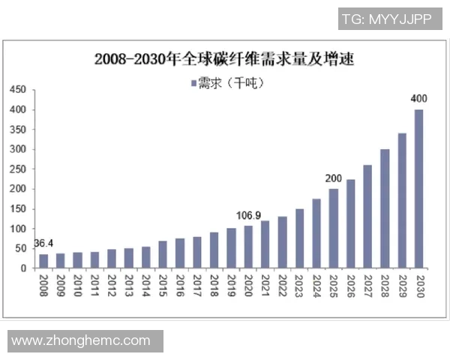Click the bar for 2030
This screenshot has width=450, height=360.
418,189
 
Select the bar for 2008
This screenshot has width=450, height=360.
43,261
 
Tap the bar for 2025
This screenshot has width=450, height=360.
333,228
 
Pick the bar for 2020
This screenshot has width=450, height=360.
247,247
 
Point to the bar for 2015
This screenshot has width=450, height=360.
163,254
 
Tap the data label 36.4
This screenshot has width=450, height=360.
44,244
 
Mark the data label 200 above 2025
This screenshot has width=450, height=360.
333,178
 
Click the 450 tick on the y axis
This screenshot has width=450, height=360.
18,90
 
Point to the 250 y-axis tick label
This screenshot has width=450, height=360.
18,169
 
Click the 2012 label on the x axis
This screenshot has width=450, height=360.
112,285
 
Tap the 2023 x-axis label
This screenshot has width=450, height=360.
299,285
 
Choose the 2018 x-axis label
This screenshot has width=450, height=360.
214,285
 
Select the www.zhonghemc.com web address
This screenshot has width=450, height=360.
81,340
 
